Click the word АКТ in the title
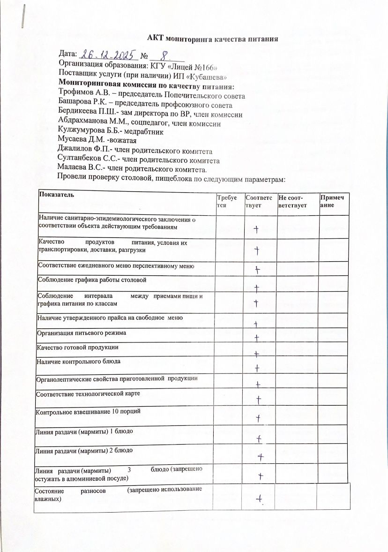click(156, 38)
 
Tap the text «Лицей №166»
click(195, 67)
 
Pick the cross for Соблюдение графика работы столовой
click(257, 287)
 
